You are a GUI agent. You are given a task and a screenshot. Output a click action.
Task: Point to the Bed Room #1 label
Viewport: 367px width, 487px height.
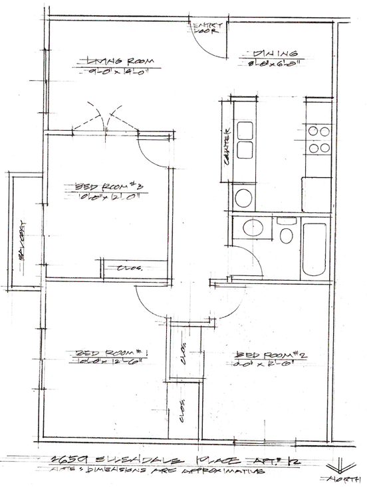pos(110,352)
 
